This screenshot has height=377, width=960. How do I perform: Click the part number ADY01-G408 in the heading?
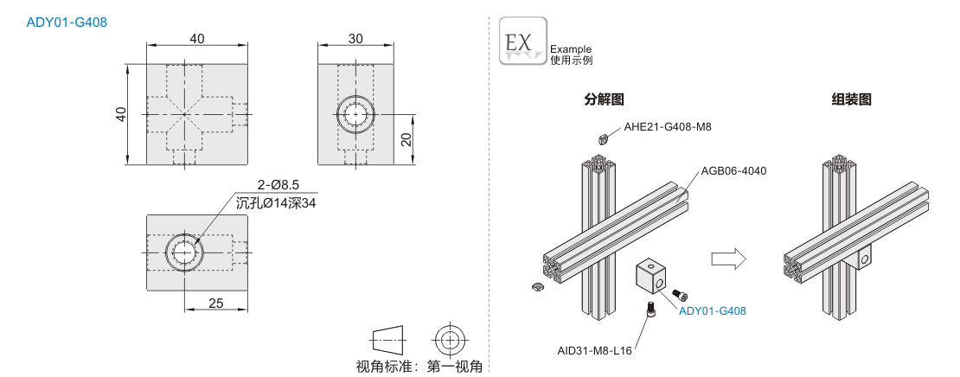tap(67, 22)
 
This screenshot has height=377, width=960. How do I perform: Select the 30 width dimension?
tap(355, 39)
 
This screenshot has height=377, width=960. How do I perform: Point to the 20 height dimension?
tap(406, 139)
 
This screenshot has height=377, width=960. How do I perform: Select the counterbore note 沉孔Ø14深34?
tap(276, 202)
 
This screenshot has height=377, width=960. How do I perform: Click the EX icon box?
tap(523, 41)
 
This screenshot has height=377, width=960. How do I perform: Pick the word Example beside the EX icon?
tap(571, 49)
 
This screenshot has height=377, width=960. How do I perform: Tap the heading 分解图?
tap(604, 99)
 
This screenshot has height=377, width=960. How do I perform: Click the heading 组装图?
tap(851, 99)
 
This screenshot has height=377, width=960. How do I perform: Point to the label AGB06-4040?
tap(733, 170)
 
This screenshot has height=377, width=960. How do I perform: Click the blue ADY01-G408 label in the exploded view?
tap(713, 311)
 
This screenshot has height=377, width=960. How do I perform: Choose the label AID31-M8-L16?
tap(594, 351)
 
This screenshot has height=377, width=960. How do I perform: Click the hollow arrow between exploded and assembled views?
tap(728, 259)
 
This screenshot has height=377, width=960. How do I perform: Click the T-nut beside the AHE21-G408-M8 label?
tap(603, 139)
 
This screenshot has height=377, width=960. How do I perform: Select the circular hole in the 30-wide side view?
tap(355, 114)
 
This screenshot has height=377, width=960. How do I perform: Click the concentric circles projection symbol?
tap(450, 339)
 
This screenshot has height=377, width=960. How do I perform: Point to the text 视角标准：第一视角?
tap(419, 367)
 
